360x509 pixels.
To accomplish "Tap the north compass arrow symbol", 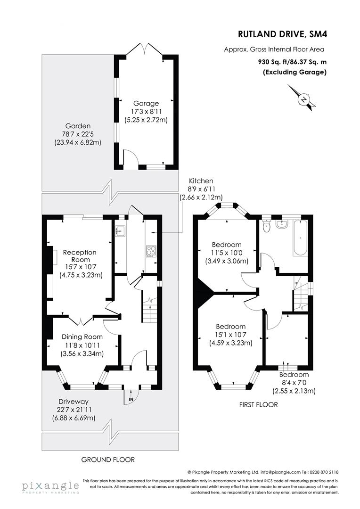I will (x=304, y=99).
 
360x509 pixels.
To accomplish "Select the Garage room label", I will (x=146, y=103).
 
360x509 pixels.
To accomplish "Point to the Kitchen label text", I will (x=201, y=181).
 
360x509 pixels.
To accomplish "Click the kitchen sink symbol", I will (x=120, y=231).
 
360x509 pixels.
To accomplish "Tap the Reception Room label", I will (x=80, y=256).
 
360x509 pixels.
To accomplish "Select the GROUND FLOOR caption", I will (x=108, y=460).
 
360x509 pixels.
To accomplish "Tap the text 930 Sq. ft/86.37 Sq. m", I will (x=292, y=61).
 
